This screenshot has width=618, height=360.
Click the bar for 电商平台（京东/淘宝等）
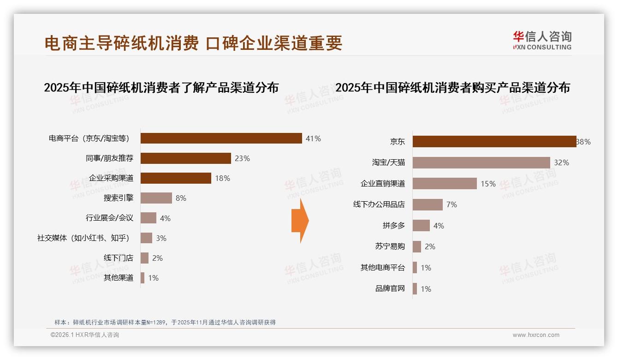click(221, 138)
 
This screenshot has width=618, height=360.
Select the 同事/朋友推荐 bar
click(185, 158)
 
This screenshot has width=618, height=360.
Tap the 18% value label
click(222, 178)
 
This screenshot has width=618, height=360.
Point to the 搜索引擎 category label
click(119, 198)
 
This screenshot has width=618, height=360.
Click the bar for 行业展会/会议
click(149, 218)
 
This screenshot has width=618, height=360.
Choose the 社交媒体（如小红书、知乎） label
click(83, 238)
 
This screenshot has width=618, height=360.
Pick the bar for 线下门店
click(144, 258)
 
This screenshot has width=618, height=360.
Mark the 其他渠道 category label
click(119, 278)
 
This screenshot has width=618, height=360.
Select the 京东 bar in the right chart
click(494, 142)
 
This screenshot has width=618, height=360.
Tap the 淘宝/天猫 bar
click(481, 162)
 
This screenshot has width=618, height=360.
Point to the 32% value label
click(562, 162)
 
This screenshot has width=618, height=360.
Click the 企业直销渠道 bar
click(445, 184)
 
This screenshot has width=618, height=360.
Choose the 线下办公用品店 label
click(379, 204)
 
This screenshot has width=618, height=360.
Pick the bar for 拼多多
click(421, 226)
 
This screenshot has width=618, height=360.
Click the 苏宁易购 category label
click(390, 246)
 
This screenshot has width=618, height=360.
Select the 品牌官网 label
click(390, 289)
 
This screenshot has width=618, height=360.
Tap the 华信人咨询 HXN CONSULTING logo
click(542, 41)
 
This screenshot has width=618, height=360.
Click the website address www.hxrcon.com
click(536, 335)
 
